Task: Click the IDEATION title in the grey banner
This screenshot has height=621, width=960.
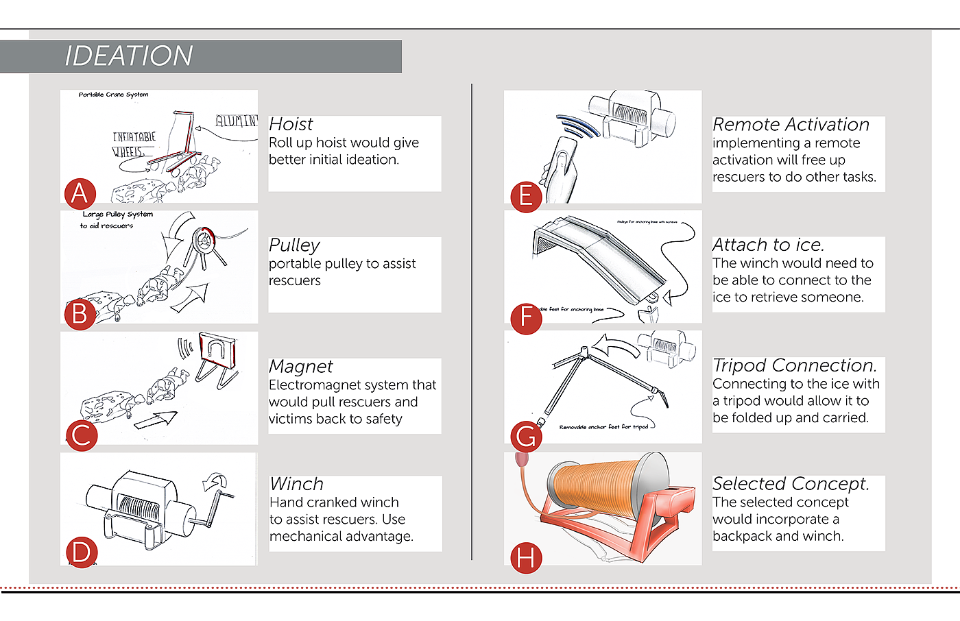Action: point(129,56)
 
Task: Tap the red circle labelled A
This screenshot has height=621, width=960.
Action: point(80,194)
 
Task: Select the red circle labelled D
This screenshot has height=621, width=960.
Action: point(81,552)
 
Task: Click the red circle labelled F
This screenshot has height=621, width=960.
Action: point(526,317)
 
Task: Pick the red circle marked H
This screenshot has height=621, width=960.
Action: point(526,559)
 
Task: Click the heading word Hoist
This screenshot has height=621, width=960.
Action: point(291,125)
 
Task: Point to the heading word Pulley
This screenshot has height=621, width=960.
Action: point(294,245)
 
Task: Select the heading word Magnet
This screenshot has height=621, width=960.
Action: point(300,367)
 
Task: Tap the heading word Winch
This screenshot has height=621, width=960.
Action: point(296,484)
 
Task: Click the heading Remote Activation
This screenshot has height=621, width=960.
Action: point(791,125)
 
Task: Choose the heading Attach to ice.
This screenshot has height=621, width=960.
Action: point(768,245)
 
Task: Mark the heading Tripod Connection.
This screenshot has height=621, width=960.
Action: point(795,366)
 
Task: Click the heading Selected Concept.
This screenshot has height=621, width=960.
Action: point(791,484)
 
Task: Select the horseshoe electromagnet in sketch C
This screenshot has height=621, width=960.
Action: point(217,350)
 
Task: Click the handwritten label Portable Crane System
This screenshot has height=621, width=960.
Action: point(113,95)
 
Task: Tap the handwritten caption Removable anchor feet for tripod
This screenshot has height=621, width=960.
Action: point(603,427)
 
